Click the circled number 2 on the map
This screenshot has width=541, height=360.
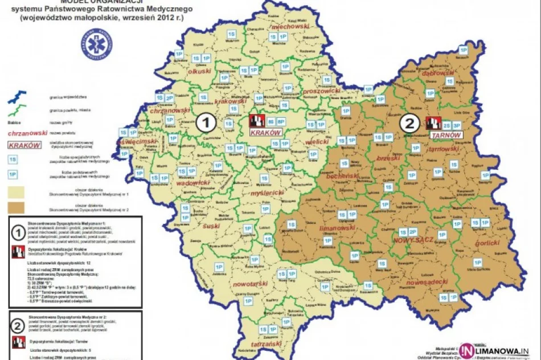coord(408,123)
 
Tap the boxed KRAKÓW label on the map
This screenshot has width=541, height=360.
coord(266,132)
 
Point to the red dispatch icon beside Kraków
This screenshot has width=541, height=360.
coord(257,121)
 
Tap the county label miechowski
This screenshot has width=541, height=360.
coord(290,27)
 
